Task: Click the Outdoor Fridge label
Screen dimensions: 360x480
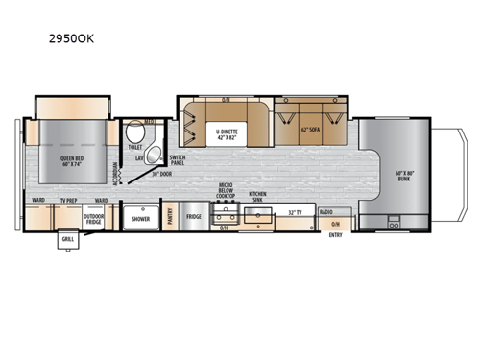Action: click(94, 216)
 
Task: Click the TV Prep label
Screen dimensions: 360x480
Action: click(68, 201)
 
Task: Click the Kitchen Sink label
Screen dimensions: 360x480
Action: click(258, 195)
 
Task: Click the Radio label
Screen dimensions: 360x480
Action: click(326, 211)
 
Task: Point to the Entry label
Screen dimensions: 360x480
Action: click(335, 234)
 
